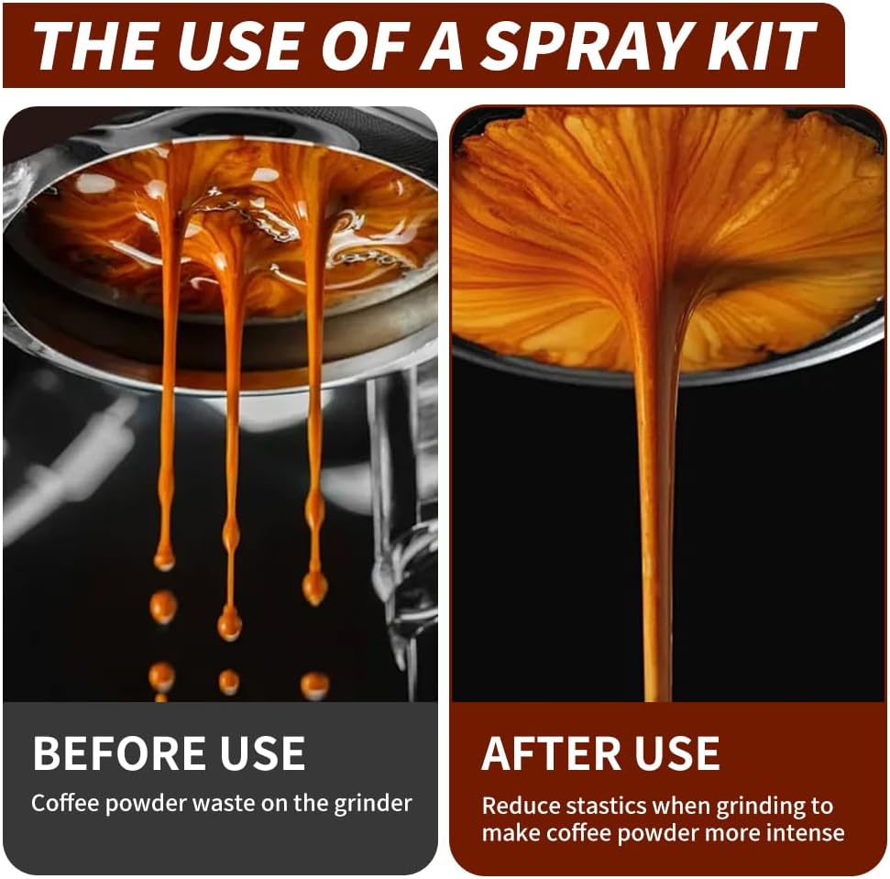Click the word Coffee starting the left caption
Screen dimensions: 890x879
pos(66,803)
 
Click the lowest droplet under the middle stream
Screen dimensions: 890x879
pos(229,682)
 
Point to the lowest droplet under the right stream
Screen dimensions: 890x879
pos(314,685)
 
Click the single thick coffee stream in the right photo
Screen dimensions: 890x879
pos(658,511)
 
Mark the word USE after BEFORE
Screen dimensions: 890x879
pos(263,753)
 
